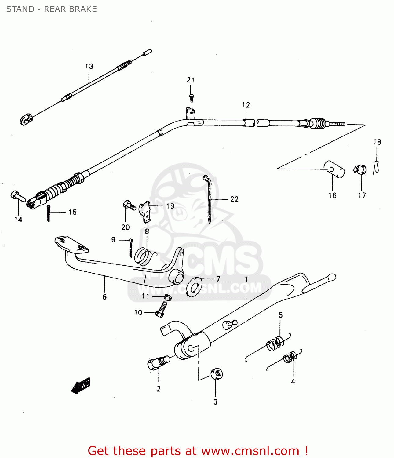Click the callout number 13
89,66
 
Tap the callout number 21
191,80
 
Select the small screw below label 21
192,98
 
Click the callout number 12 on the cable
246,105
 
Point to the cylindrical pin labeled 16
334,169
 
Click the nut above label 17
360,169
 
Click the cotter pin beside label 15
48,213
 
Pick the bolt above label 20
129,205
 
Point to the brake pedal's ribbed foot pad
71,244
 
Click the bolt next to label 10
162,309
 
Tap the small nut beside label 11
167,297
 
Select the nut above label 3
216,373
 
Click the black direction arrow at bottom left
81,386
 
